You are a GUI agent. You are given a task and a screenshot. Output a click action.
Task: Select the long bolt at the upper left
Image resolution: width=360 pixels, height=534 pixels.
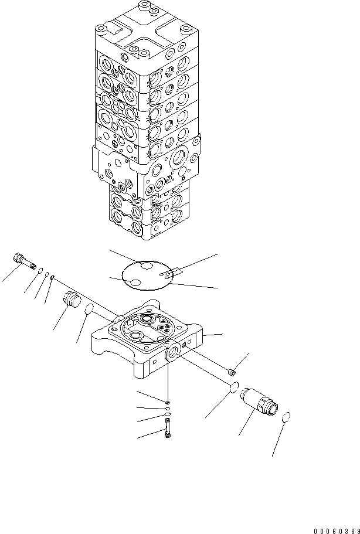tap(23, 260)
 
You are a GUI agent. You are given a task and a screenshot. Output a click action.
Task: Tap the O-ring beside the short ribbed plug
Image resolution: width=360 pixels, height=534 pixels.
tap(90, 309)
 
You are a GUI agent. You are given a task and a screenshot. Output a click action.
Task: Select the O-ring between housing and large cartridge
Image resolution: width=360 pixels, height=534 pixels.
tap(232, 388)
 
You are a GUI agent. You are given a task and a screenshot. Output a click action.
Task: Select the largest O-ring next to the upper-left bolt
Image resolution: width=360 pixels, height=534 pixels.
tap(39, 271)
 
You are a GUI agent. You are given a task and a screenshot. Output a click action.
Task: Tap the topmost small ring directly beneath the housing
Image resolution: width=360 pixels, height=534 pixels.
tap(168, 402)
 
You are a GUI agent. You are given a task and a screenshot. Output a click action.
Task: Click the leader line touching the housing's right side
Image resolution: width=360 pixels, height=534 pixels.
tap(213, 335)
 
